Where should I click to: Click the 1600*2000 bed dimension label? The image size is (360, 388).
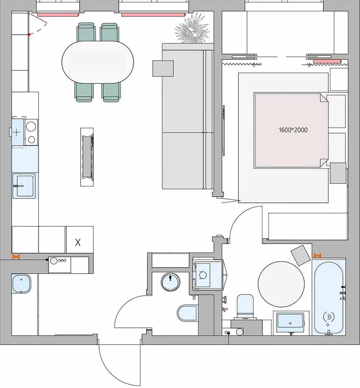[x=293, y=130]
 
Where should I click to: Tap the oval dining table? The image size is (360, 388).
[x=98, y=62]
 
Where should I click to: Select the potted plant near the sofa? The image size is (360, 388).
[x=192, y=28]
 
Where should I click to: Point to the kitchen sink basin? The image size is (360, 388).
[x=24, y=186]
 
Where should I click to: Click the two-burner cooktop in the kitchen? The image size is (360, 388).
[x=31, y=132]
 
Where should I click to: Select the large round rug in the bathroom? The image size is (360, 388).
[x=281, y=284]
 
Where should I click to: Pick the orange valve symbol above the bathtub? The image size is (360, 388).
[x=317, y=255]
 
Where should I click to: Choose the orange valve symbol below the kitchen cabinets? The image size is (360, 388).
[x=16, y=257]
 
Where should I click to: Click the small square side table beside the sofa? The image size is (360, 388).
[x=163, y=68]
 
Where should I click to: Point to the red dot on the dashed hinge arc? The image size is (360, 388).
[x=29, y=35]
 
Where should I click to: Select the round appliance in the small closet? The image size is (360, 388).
[x=170, y=282]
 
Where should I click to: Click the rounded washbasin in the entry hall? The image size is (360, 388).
[x=21, y=283]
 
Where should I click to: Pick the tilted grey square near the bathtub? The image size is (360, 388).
[x=301, y=255]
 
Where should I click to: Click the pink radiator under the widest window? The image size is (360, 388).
[x=153, y=15]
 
